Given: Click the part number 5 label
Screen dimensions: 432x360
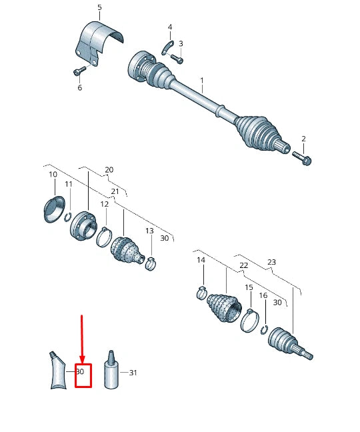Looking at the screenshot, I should click(99, 8).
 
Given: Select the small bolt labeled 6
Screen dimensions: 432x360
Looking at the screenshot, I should click(79, 71).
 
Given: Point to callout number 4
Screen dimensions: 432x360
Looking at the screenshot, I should click(169, 27).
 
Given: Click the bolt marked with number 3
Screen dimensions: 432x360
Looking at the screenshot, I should click(176, 58).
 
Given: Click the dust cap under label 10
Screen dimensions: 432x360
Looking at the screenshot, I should click(53, 207).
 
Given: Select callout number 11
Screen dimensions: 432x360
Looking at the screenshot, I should click(68, 184).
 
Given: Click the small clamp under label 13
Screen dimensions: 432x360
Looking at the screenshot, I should click(151, 263).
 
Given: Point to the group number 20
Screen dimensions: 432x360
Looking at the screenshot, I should click(109, 169).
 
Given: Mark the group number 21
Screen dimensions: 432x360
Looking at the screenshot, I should click(115, 192).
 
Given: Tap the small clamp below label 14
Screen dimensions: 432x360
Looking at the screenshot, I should click(201, 291).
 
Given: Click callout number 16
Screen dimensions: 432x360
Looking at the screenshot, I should click(263, 295).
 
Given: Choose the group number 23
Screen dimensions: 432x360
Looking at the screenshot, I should click(271, 262).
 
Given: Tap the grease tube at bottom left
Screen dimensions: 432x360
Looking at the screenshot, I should click(59, 371).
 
